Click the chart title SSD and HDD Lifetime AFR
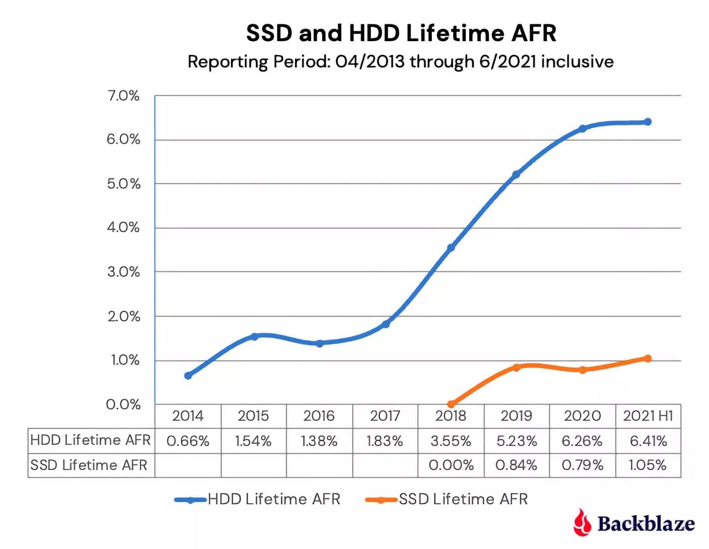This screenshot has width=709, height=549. pyautogui.click(x=401, y=33)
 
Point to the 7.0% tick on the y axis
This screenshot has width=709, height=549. pyautogui.click(x=124, y=96)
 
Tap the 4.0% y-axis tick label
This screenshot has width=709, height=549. pyautogui.click(x=124, y=227)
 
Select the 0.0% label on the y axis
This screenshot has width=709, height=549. pyautogui.click(x=124, y=404)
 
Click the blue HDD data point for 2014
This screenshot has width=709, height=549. pyautogui.click(x=188, y=376)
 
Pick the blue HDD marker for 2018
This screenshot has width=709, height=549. pyautogui.click(x=451, y=248)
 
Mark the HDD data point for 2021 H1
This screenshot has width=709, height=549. pyautogui.click(x=648, y=122)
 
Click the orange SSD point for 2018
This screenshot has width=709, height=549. pyautogui.click(x=451, y=404)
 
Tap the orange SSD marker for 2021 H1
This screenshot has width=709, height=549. pyautogui.click(x=648, y=359)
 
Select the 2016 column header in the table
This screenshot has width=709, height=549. pyautogui.click(x=319, y=416)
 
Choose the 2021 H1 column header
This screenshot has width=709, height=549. pyautogui.click(x=648, y=416)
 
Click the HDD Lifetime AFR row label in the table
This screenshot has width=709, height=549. pyautogui.click(x=91, y=440)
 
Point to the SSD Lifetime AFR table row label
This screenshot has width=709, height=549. pyautogui.click(x=89, y=465)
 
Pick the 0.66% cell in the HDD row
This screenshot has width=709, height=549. pyautogui.click(x=188, y=441)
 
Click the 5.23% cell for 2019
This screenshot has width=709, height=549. pyautogui.click(x=516, y=441)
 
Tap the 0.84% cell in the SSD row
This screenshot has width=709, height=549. pyautogui.click(x=516, y=465)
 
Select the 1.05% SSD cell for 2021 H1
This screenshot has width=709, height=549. pyautogui.click(x=648, y=465)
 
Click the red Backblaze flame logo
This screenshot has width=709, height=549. pyautogui.click(x=582, y=522)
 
